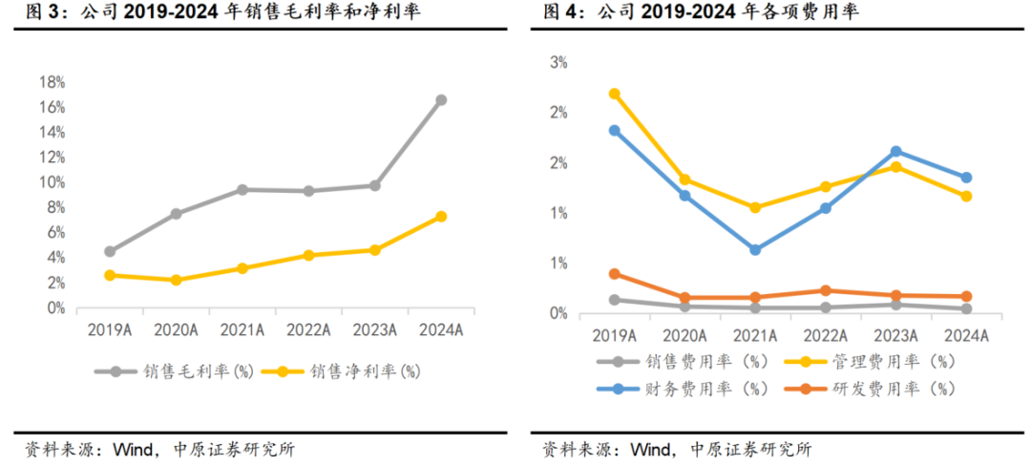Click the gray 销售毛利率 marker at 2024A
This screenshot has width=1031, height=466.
pos(441,99)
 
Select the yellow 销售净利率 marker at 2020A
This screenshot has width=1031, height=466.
pos(176,280)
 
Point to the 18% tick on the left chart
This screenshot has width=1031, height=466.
pos(51,81)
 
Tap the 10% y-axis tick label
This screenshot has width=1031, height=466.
pos(51,181)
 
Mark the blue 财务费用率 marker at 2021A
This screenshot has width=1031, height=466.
pos(755,250)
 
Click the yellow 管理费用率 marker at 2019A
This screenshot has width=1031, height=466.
pos(615,94)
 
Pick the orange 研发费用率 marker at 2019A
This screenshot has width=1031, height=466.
pos(615,274)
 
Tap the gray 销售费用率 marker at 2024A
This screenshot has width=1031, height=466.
pos(966,308)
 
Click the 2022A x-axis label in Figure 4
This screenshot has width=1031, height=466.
pos(825,335)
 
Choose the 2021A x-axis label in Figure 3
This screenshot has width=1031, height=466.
pos(242,329)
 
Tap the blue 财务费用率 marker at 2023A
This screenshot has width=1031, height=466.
pos(895,151)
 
